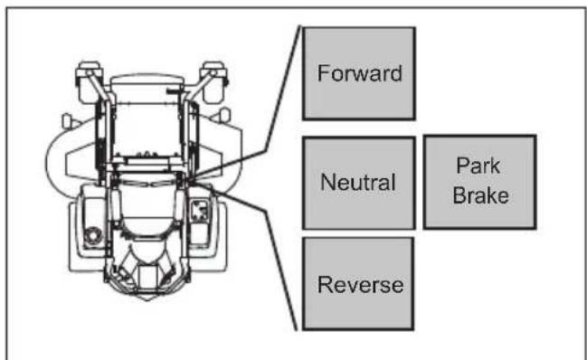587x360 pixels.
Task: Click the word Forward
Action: [x=360, y=73]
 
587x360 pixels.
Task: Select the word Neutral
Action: [x=358, y=182]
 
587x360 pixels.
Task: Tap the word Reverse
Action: [x=361, y=285]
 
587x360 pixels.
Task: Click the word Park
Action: [x=478, y=166]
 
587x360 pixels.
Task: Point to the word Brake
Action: [x=480, y=195]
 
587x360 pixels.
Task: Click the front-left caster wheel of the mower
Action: [x=90, y=82]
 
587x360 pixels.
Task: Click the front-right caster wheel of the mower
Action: [x=214, y=82]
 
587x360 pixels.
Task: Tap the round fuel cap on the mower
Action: [x=92, y=235]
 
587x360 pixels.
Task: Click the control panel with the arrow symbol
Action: [x=200, y=210]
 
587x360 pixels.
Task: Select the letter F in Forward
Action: [x=324, y=73]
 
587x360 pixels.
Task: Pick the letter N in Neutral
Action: [x=328, y=182]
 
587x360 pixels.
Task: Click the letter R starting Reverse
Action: [x=325, y=285]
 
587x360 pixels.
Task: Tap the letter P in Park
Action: [x=462, y=166]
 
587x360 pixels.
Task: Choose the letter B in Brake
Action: [x=459, y=195]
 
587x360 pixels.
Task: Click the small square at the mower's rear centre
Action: [x=147, y=277]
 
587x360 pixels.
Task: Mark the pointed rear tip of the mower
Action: [x=147, y=298]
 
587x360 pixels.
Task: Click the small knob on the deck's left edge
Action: [x=67, y=120]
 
